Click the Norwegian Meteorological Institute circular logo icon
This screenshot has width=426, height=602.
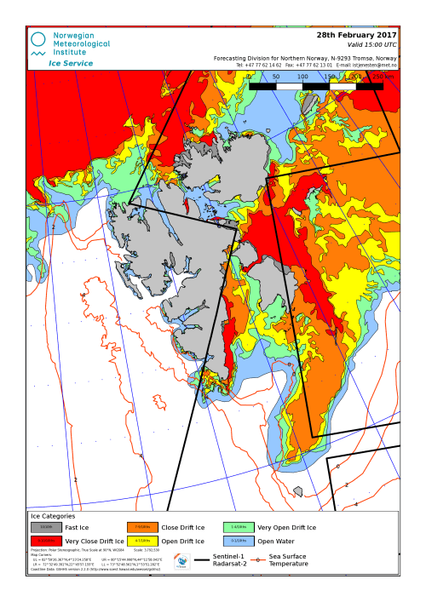37,39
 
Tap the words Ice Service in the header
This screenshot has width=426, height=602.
71,63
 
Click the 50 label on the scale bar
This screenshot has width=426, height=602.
275,77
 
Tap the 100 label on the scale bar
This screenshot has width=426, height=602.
302,77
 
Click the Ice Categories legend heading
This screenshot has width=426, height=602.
53,516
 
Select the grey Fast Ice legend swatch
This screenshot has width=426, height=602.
46,528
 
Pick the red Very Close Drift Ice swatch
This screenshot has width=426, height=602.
46,541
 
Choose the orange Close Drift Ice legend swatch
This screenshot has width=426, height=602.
142,528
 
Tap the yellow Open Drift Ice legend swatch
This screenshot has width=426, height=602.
142,541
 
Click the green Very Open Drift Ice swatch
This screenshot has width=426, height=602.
239,528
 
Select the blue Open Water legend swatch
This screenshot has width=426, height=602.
239,541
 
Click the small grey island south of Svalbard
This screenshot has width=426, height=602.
297,491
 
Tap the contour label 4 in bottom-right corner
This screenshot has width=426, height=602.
356,504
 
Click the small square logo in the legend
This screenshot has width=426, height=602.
181,561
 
